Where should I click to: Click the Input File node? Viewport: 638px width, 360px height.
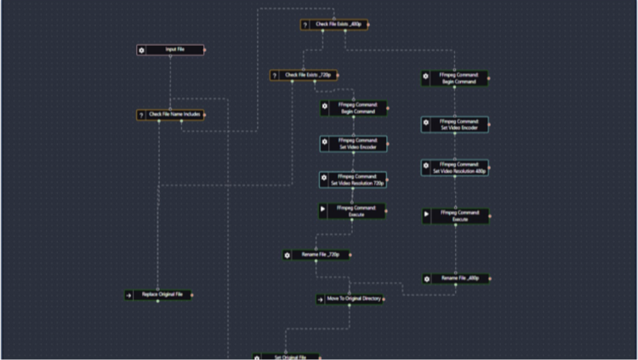pyautogui.click(x=174, y=50)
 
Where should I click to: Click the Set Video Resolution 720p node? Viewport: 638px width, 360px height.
pyautogui.click(x=356, y=180)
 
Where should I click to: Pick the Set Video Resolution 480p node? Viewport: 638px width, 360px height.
pyautogui.click(x=458, y=168)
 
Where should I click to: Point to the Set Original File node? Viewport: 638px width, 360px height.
pyautogui.click(x=289, y=357)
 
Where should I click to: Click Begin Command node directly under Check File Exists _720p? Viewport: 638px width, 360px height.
pyautogui.click(x=356, y=108)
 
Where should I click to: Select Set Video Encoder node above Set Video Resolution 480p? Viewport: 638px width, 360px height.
pyautogui.click(x=458, y=124)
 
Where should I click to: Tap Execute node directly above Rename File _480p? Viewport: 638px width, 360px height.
pyautogui.click(x=458, y=216)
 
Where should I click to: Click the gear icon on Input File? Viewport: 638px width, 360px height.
pyautogui.click(x=142, y=50)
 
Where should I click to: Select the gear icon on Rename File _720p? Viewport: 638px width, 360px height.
pyautogui.click(x=288, y=254)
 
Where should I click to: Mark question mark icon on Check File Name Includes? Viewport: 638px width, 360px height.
pyautogui.click(x=142, y=114)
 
